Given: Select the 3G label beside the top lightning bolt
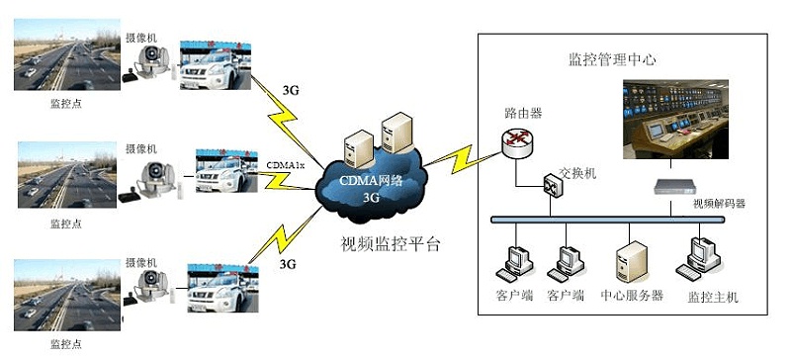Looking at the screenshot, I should pos(290,90).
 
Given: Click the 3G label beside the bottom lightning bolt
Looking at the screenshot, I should pos(288,264).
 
